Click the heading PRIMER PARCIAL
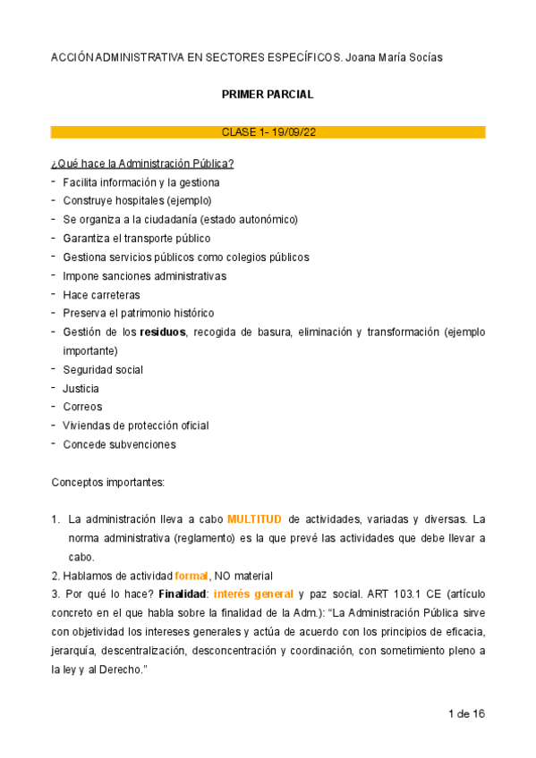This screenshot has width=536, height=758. (268, 94)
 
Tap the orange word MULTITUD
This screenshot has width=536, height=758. (255, 518)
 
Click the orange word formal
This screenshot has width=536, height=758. (191, 576)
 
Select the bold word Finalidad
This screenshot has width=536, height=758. (183, 594)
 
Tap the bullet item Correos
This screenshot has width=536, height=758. (82, 407)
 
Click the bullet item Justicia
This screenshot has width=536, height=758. (81, 389)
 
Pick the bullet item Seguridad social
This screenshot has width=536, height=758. (103, 370)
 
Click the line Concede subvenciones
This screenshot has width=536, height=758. (119, 444)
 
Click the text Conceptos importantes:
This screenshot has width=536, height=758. (108, 482)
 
